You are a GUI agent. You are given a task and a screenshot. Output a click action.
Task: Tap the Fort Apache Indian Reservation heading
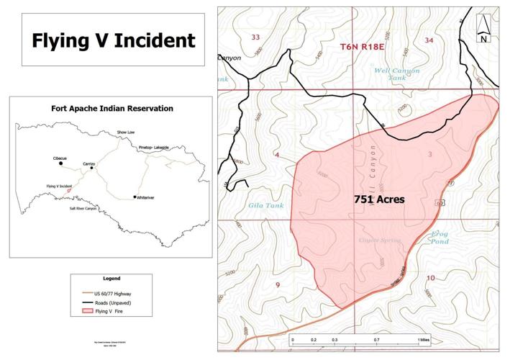112,109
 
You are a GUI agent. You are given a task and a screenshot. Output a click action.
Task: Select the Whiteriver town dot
135,197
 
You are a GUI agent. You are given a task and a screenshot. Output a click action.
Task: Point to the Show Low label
127,133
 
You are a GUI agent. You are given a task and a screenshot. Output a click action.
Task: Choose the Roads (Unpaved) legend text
114,303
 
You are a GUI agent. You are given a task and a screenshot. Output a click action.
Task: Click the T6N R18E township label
363,47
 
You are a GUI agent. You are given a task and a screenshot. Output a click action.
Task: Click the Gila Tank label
260,206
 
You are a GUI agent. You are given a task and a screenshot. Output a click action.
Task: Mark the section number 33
255,37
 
